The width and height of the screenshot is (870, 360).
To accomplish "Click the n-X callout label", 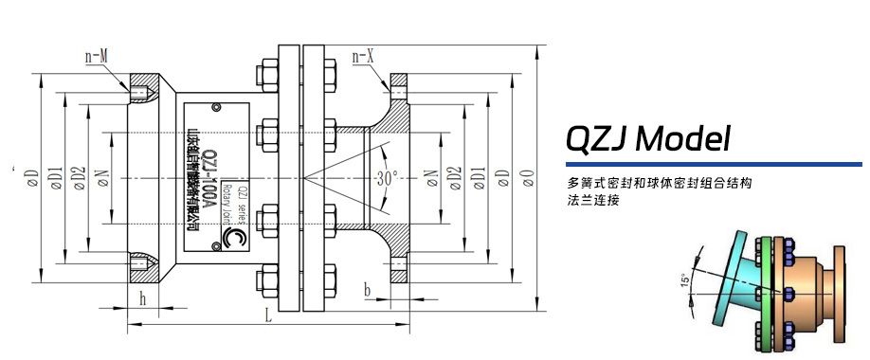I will [x=365, y=57].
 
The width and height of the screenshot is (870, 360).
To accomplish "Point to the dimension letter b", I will [x=367, y=290].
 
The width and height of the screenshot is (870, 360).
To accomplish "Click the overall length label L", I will [x=269, y=318].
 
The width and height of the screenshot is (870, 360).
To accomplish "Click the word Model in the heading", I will [x=683, y=140].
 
